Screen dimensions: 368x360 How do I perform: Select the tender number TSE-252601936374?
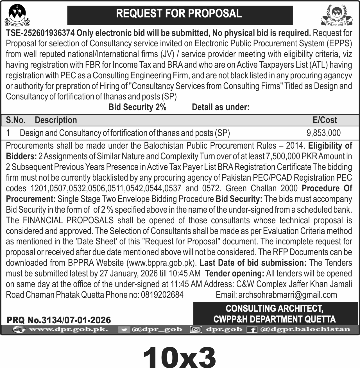pos(40,33)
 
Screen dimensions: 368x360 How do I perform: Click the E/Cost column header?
pos(325,120)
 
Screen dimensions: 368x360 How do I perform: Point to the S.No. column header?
pos(16,120)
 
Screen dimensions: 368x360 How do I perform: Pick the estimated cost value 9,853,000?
pos(323,133)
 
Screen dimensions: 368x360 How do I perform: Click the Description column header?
pos(56,120)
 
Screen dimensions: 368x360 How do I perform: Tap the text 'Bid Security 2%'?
pos(137,107)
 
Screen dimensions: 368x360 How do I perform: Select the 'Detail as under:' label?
pos(221,107)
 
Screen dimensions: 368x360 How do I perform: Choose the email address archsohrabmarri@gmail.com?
pos(287,295)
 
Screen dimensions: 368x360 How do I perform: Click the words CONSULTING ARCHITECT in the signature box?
pos(274,308)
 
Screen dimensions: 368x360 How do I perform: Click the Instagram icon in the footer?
pos(196,330)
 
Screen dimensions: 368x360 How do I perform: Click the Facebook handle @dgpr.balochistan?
pos(305,329)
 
